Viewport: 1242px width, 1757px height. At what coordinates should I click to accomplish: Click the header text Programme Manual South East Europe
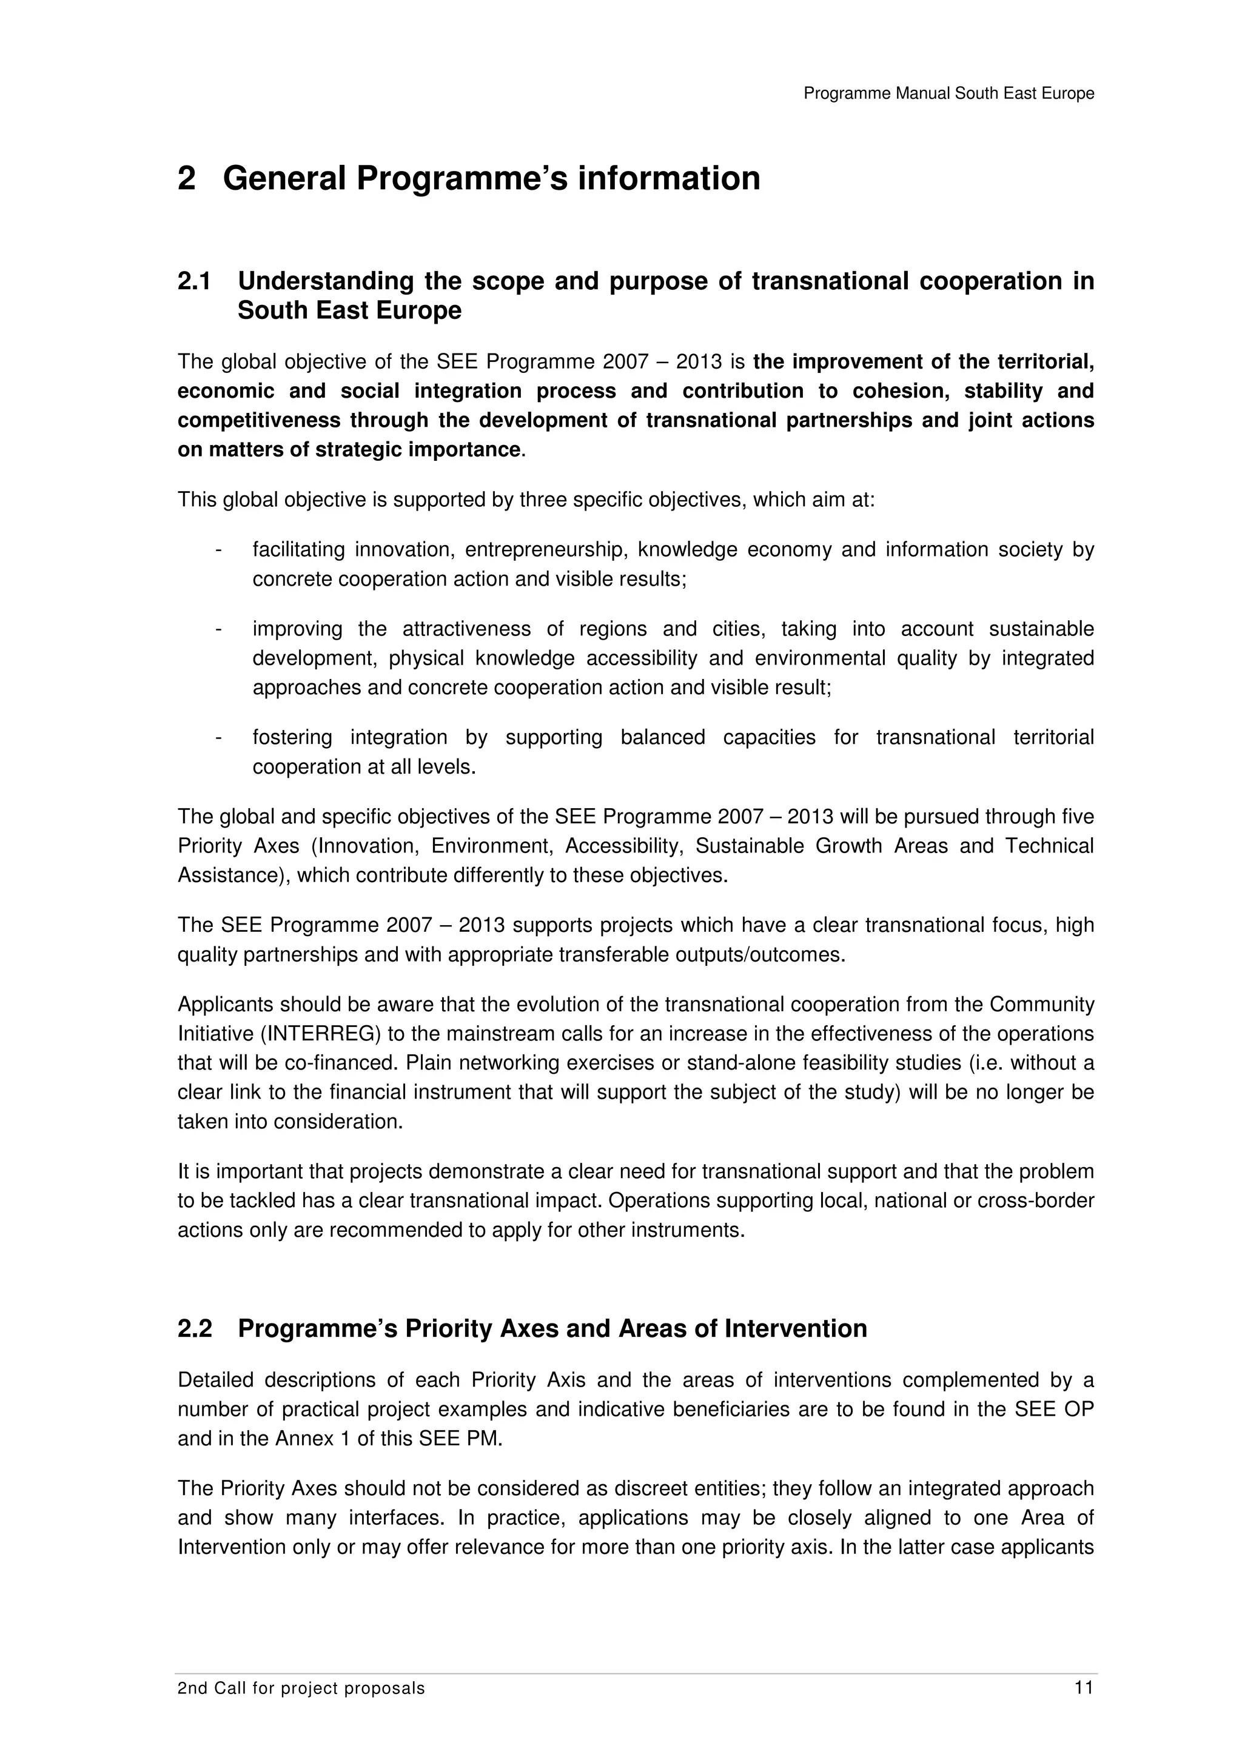tap(948, 93)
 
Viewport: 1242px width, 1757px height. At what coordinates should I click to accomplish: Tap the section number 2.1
tap(195, 281)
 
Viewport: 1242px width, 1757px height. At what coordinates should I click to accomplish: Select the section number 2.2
tap(195, 1328)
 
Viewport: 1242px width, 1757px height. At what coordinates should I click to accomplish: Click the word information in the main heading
tap(668, 178)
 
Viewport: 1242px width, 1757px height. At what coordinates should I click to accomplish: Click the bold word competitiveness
tap(259, 420)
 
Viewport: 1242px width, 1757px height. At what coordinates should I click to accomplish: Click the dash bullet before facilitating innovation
tap(219, 549)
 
